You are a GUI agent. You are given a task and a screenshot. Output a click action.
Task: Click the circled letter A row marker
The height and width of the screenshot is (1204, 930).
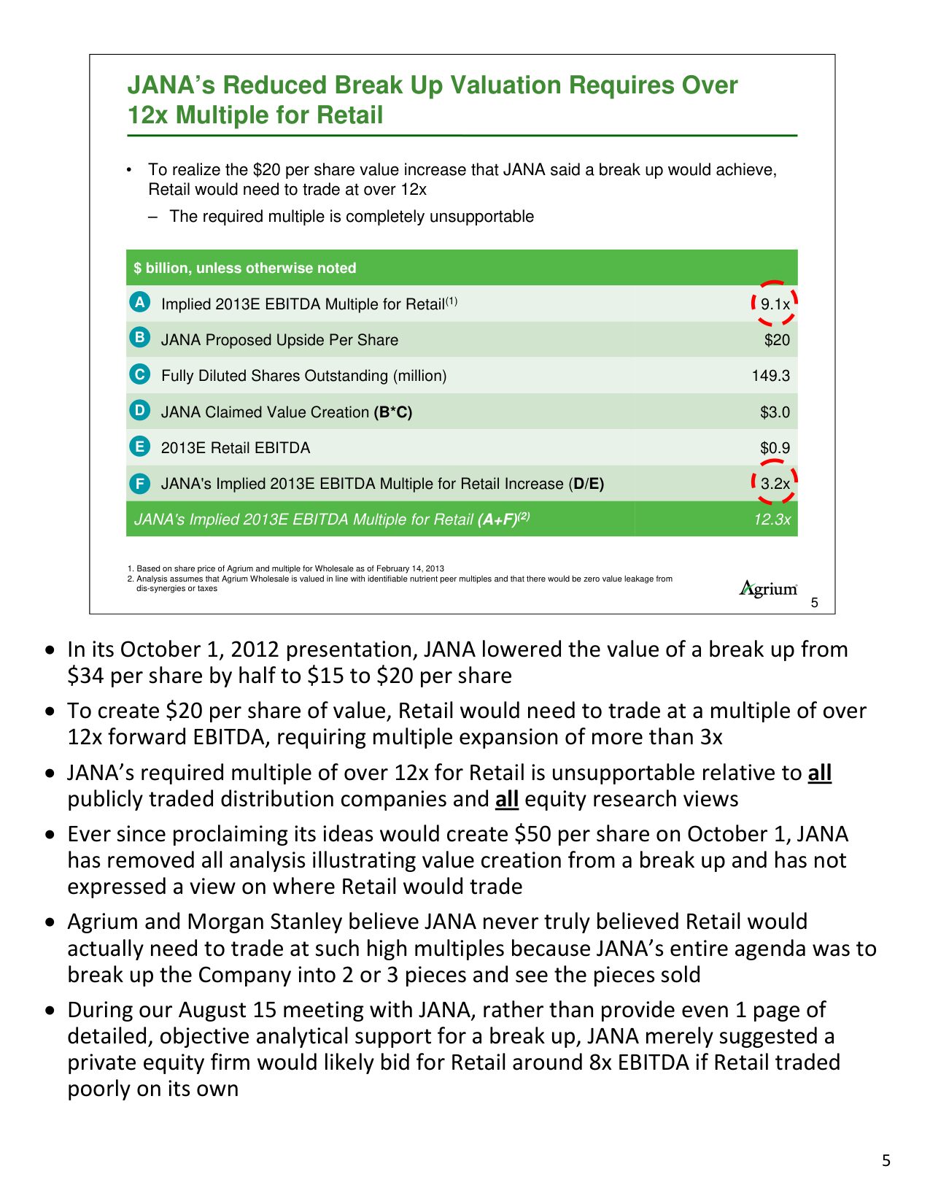[x=139, y=302]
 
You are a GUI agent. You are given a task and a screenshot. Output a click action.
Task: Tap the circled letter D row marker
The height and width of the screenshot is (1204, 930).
[x=139, y=410]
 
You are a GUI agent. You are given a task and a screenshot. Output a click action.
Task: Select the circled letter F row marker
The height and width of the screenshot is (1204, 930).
[x=139, y=483]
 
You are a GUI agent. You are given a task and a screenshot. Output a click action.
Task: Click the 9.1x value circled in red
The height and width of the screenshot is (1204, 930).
[x=775, y=304]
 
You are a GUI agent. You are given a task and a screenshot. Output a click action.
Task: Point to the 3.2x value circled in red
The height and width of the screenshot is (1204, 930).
[x=775, y=483]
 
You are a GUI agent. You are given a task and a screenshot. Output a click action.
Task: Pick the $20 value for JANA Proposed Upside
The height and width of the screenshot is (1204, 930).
[x=777, y=340]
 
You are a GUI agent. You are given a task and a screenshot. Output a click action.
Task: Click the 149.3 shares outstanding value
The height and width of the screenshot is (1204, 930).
[x=771, y=376]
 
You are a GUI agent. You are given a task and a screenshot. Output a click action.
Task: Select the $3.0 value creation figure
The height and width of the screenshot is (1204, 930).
[x=775, y=412]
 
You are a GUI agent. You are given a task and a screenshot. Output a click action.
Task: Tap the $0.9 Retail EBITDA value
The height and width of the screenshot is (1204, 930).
[x=775, y=448]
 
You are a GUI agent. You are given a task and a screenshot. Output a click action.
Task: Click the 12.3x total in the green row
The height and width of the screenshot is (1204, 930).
[x=772, y=520]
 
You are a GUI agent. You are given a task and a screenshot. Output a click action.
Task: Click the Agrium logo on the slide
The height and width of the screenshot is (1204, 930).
[x=768, y=588]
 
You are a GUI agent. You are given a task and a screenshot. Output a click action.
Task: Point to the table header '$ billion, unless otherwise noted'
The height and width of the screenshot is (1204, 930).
[x=245, y=268]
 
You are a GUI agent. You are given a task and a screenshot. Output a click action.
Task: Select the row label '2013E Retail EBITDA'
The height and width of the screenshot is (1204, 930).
[x=236, y=448]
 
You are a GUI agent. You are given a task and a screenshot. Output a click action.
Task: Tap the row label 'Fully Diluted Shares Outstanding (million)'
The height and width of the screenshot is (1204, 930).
[x=303, y=376]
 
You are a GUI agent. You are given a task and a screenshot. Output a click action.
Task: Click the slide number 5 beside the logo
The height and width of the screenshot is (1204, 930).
[x=815, y=603]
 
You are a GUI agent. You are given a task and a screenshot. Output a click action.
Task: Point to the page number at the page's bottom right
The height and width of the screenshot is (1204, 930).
[x=886, y=1160]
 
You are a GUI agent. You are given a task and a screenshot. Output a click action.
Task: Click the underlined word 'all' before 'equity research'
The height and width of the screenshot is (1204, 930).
[x=507, y=799]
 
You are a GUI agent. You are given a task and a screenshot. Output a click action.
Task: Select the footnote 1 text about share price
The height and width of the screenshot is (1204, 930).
[x=290, y=568]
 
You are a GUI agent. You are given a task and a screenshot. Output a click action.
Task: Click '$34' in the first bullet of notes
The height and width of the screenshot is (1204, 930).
[x=85, y=676]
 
